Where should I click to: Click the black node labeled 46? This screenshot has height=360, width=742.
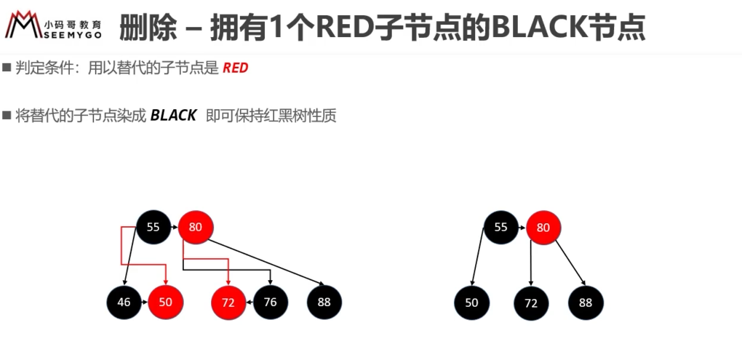[x=124, y=302]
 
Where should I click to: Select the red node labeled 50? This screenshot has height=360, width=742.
[x=166, y=302]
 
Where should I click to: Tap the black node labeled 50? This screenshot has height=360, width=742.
[x=472, y=303]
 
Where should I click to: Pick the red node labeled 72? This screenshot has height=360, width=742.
[x=228, y=303]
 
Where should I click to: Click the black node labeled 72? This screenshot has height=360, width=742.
[x=532, y=303]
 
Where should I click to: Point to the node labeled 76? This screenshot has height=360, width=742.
[x=271, y=302]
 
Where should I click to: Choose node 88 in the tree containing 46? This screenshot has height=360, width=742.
[x=324, y=302]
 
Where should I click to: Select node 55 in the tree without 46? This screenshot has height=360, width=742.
[x=500, y=228]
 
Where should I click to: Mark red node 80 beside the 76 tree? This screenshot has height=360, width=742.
[x=196, y=227]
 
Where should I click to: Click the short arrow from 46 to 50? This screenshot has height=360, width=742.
[x=145, y=302]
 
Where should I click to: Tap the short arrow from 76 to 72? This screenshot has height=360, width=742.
[x=250, y=302]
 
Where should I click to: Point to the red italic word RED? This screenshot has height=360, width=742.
[x=235, y=68]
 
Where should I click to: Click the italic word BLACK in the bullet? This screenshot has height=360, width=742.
[x=172, y=116]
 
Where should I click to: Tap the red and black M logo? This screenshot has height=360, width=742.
[x=23, y=24]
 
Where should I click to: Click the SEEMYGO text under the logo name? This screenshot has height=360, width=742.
[x=71, y=35]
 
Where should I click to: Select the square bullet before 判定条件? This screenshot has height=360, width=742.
[x=6, y=67]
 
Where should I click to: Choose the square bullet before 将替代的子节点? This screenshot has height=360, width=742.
[x=6, y=115]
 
